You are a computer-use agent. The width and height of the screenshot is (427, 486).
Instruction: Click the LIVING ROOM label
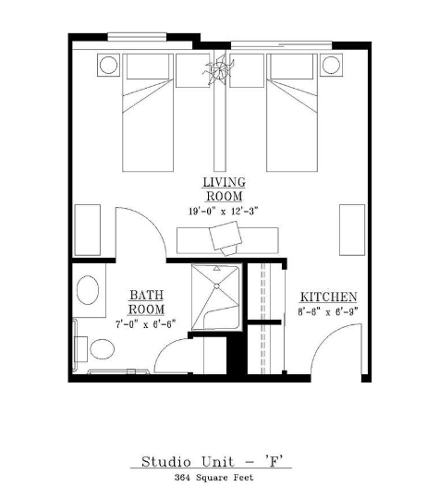pyautogui.click(x=224, y=189)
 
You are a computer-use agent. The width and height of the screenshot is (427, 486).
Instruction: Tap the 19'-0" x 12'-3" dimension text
pyautogui.click(x=224, y=212)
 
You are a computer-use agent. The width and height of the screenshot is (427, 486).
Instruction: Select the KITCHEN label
pyautogui.click(x=328, y=297)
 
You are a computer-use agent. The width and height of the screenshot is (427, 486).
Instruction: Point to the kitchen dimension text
pyautogui.click(x=328, y=311)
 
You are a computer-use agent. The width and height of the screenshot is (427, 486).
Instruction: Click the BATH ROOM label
pyautogui.click(x=146, y=302)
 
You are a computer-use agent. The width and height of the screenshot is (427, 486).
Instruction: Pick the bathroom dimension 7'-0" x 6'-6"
pyautogui.click(x=146, y=324)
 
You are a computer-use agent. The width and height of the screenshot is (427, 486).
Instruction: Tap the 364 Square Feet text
pyautogui.click(x=213, y=478)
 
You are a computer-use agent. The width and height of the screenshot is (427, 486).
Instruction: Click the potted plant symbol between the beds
pyautogui.click(x=219, y=68)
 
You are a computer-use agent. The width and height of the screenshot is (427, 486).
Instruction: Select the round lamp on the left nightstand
pyautogui.click(x=108, y=65)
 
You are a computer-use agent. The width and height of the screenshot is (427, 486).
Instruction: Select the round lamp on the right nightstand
pyautogui.click(x=331, y=65)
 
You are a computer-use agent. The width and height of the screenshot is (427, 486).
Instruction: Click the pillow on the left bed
pyautogui.click(x=148, y=67)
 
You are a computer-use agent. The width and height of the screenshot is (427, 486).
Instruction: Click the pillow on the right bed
pyautogui.click(x=292, y=67)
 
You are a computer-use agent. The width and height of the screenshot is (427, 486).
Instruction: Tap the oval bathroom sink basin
pyautogui.click(x=88, y=290)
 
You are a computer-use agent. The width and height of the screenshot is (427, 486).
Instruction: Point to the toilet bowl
pyautogui.click(x=102, y=349)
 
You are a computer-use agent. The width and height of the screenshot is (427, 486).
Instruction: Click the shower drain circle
pyautogui.click(x=217, y=286)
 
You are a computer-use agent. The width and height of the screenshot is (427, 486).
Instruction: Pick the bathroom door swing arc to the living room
pyautogui.click(x=152, y=221)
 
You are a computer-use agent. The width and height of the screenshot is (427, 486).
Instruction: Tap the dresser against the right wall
pyautogui.click(x=352, y=230)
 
